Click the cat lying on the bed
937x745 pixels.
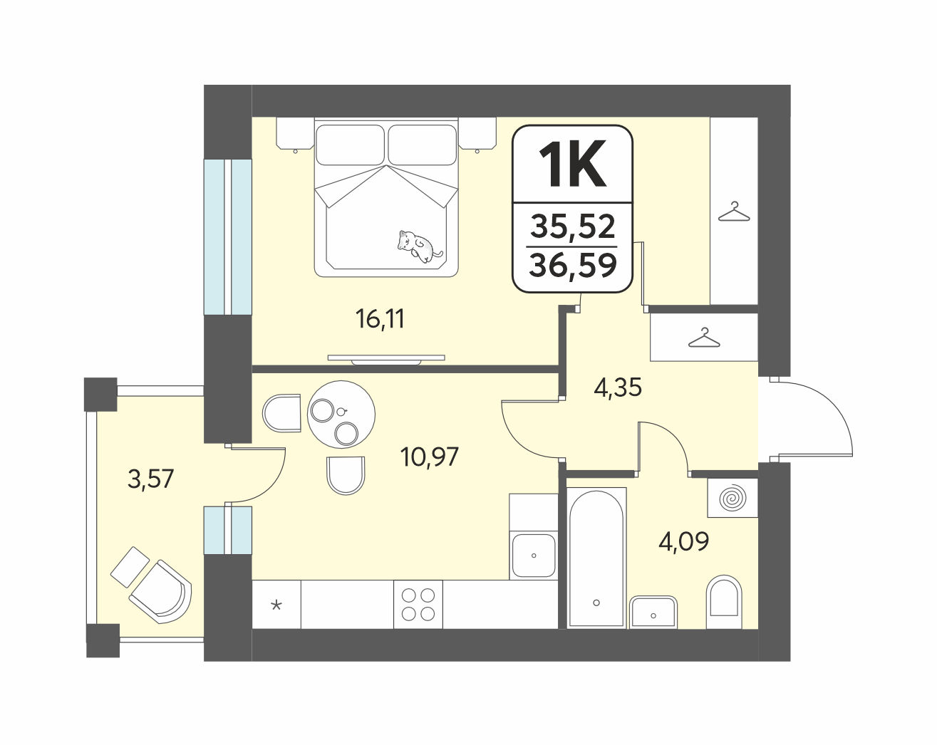click(419, 246)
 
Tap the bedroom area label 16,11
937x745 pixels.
click(380, 319)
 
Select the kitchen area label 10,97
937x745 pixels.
click(430, 457)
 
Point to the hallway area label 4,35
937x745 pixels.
click(618, 387)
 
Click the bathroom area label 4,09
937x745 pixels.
click(683, 541)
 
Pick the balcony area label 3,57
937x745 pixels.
click(150, 479)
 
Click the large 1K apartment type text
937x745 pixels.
click(572, 164)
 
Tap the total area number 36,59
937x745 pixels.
click(573, 265)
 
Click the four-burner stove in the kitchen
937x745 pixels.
click(418, 604)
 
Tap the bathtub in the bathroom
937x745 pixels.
click(596, 558)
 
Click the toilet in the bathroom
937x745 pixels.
click(724, 603)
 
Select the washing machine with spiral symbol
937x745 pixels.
click(732, 498)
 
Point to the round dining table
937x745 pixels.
click(341, 414)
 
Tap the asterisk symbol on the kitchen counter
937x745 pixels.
click(276, 605)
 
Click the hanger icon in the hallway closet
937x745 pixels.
click(704, 338)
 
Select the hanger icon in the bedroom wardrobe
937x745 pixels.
click(734, 212)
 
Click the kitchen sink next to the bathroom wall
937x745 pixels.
click(534, 556)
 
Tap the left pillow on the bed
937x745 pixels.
click(350, 145)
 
